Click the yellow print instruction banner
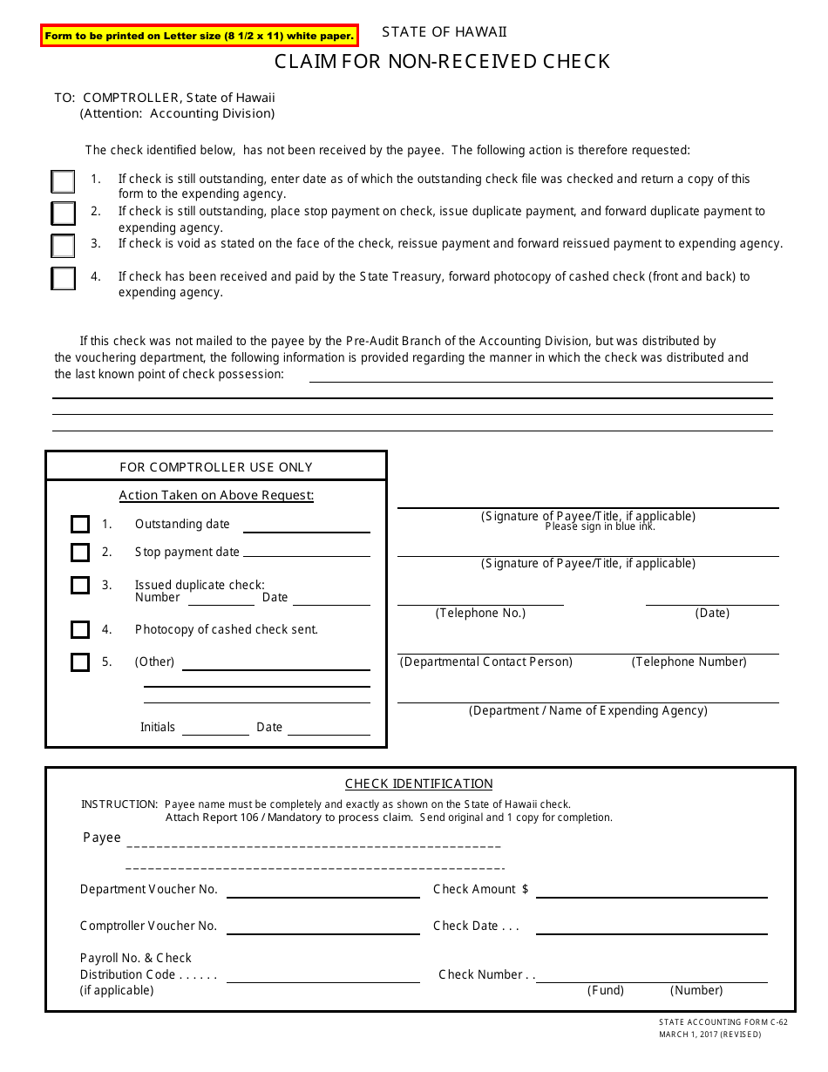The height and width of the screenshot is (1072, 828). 199,36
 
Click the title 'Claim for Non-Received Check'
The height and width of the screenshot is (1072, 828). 442,61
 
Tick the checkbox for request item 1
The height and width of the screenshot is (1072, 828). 63,181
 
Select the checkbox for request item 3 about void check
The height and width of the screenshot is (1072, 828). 63,246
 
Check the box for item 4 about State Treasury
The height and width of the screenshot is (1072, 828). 63,278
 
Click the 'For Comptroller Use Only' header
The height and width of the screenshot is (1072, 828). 215,467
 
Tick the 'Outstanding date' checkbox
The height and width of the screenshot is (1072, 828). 80,524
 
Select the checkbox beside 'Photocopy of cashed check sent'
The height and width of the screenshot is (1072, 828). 80,629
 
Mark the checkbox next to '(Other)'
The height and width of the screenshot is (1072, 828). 80,662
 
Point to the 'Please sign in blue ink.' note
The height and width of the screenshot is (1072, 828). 600,527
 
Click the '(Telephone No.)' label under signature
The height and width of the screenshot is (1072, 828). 480,614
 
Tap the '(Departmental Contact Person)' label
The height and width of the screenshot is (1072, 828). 486,662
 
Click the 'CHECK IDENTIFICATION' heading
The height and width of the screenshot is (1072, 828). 418,784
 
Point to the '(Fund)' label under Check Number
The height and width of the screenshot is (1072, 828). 606,991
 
